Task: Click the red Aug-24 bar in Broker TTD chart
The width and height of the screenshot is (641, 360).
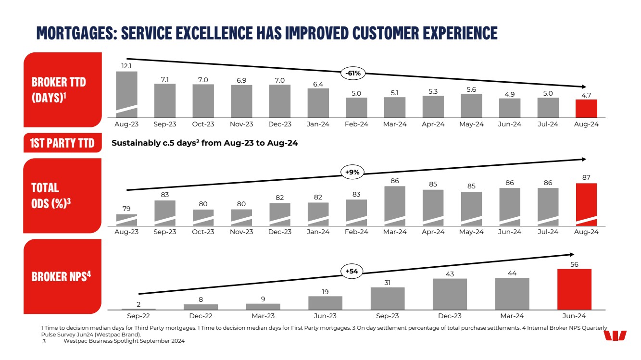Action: (586, 108)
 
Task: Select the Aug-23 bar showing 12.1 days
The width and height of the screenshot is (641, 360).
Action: (126, 94)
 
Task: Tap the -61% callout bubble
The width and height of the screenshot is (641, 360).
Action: (353, 73)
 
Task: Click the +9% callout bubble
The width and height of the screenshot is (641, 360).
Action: (353, 172)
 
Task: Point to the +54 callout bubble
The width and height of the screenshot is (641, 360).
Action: (352, 272)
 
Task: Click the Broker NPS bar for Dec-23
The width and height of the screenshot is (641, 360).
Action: (450, 294)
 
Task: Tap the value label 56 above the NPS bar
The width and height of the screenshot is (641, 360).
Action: (574, 264)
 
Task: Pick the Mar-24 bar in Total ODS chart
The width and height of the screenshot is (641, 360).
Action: (395, 206)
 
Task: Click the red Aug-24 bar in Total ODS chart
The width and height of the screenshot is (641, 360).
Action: (586, 204)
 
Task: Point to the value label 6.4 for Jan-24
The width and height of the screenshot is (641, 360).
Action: (318, 84)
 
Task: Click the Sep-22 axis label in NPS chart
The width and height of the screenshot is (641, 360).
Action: (138, 316)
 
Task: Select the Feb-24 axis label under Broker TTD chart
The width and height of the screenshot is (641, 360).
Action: (356, 124)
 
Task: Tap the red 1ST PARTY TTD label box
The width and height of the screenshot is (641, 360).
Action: (63, 143)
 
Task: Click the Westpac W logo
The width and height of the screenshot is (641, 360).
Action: (615, 336)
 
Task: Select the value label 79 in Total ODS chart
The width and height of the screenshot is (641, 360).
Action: (126, 209)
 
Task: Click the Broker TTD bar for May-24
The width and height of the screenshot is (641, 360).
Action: (471, 105)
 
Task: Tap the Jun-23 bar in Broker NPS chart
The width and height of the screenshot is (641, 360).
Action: (325, 302)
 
